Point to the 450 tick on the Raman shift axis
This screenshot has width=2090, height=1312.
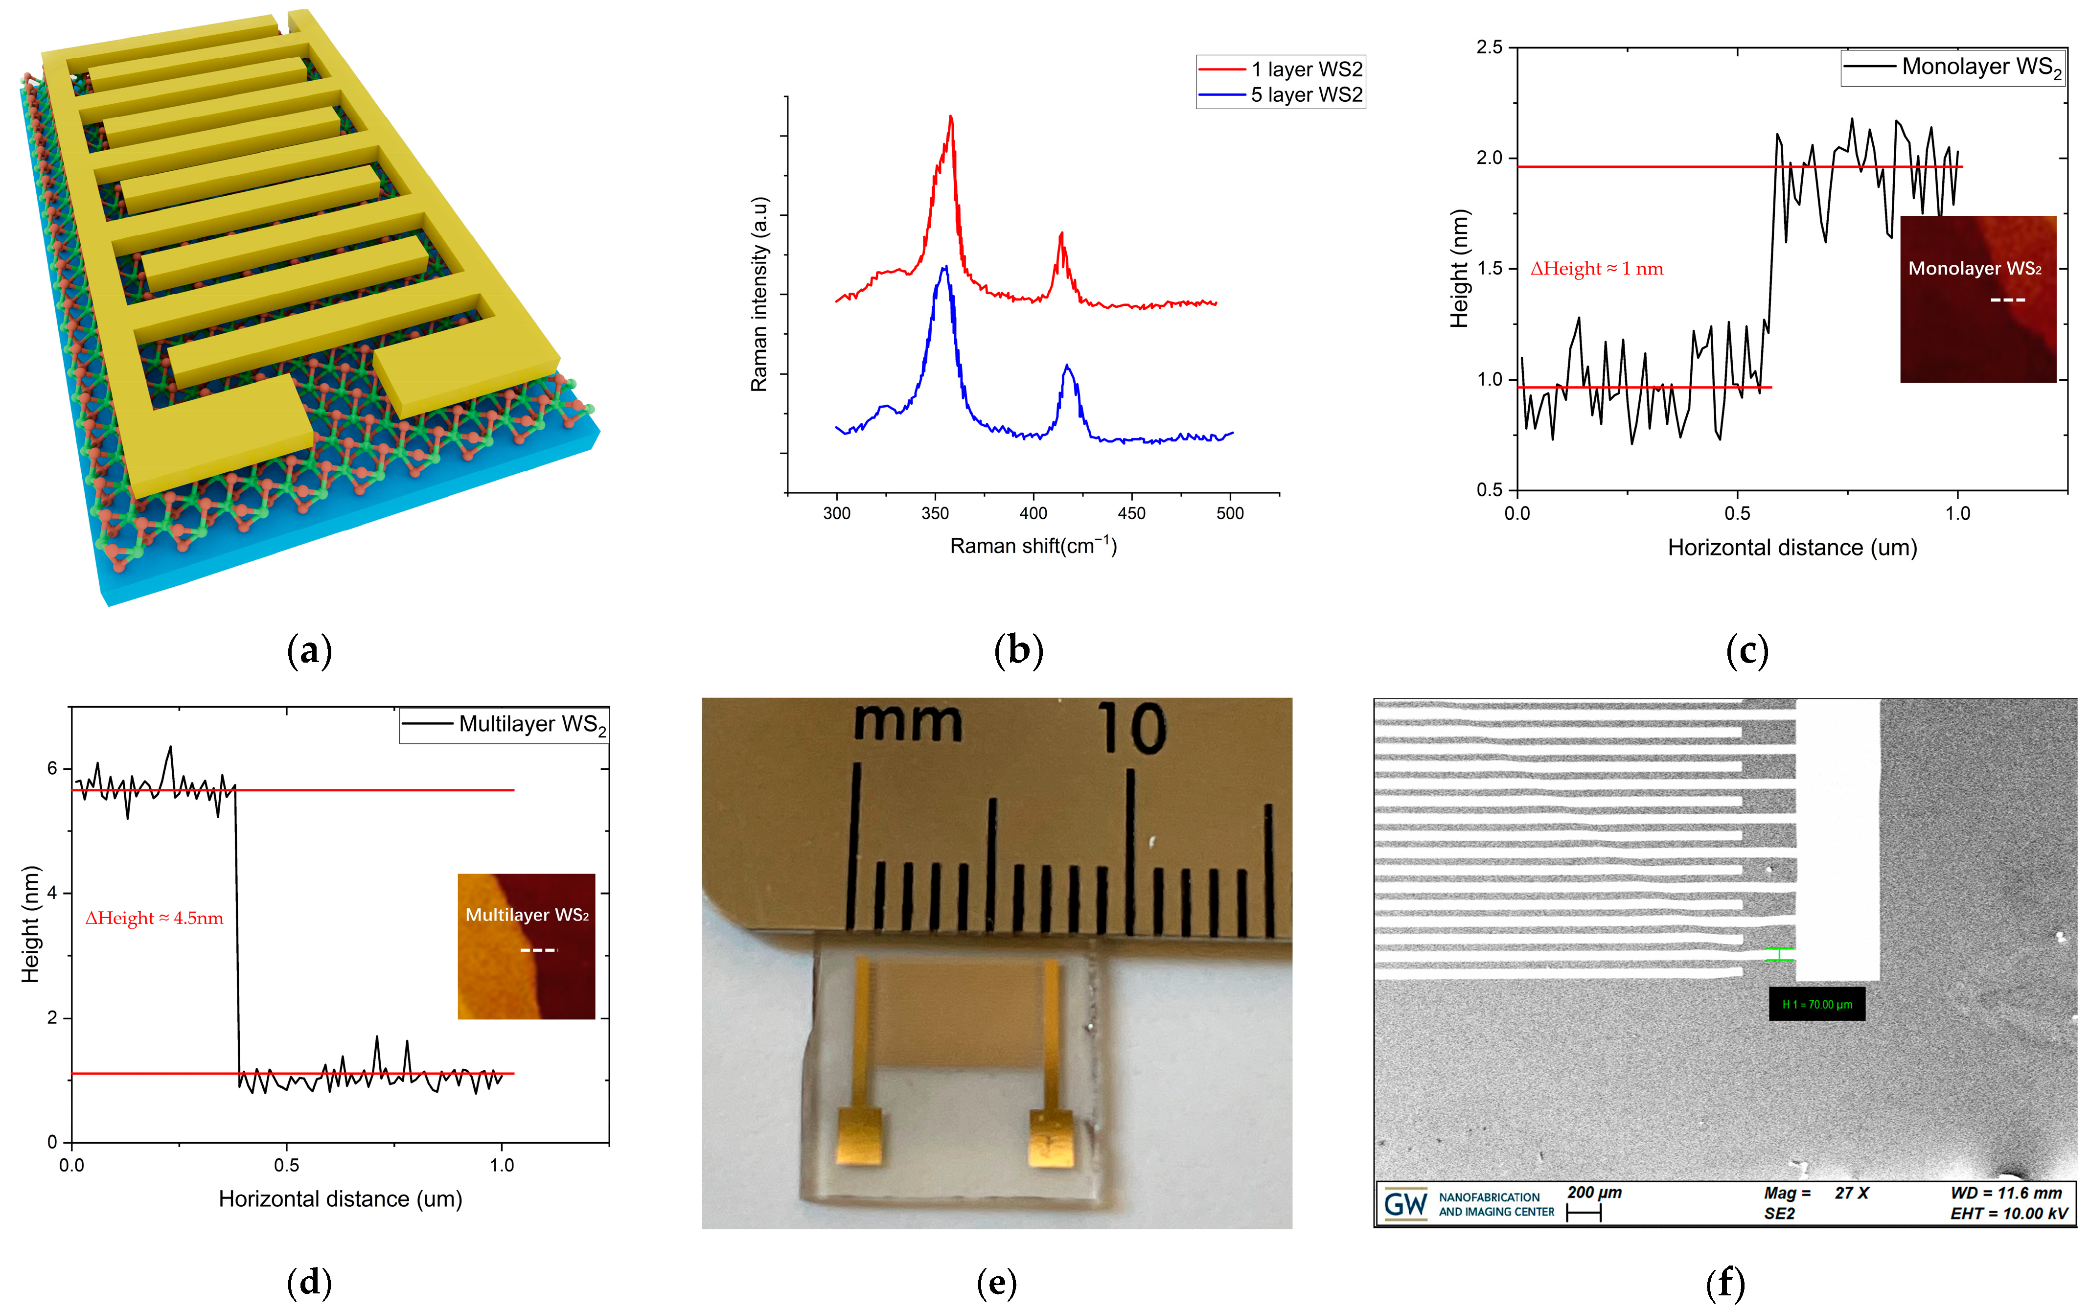click(1131, 513)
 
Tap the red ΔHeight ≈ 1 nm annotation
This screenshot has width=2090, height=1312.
click(1596, 269)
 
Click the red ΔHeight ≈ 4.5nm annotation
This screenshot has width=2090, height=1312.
click(155, 918)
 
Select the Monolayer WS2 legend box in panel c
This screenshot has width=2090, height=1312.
click(1952, 68)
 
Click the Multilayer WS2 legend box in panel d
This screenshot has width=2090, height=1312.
click(504, 725)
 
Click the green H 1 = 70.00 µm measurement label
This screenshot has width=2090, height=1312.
click(1817, 1005)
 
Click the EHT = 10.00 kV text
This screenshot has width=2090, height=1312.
click(2008, 1213)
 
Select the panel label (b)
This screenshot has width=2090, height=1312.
click(1018, 651)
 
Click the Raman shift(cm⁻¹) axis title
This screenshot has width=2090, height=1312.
click(1033, 546)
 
